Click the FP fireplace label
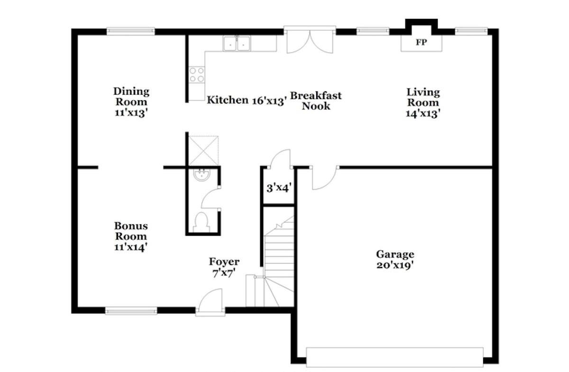421,42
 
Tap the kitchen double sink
237,44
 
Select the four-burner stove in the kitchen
197,75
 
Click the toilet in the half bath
201,222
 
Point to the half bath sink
202,175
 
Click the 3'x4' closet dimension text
279,188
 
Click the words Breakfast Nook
316,101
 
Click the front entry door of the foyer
211,302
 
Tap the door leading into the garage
324,178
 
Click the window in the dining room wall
130,31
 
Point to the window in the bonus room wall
131,310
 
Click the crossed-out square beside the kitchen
203,151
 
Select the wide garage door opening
395,357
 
